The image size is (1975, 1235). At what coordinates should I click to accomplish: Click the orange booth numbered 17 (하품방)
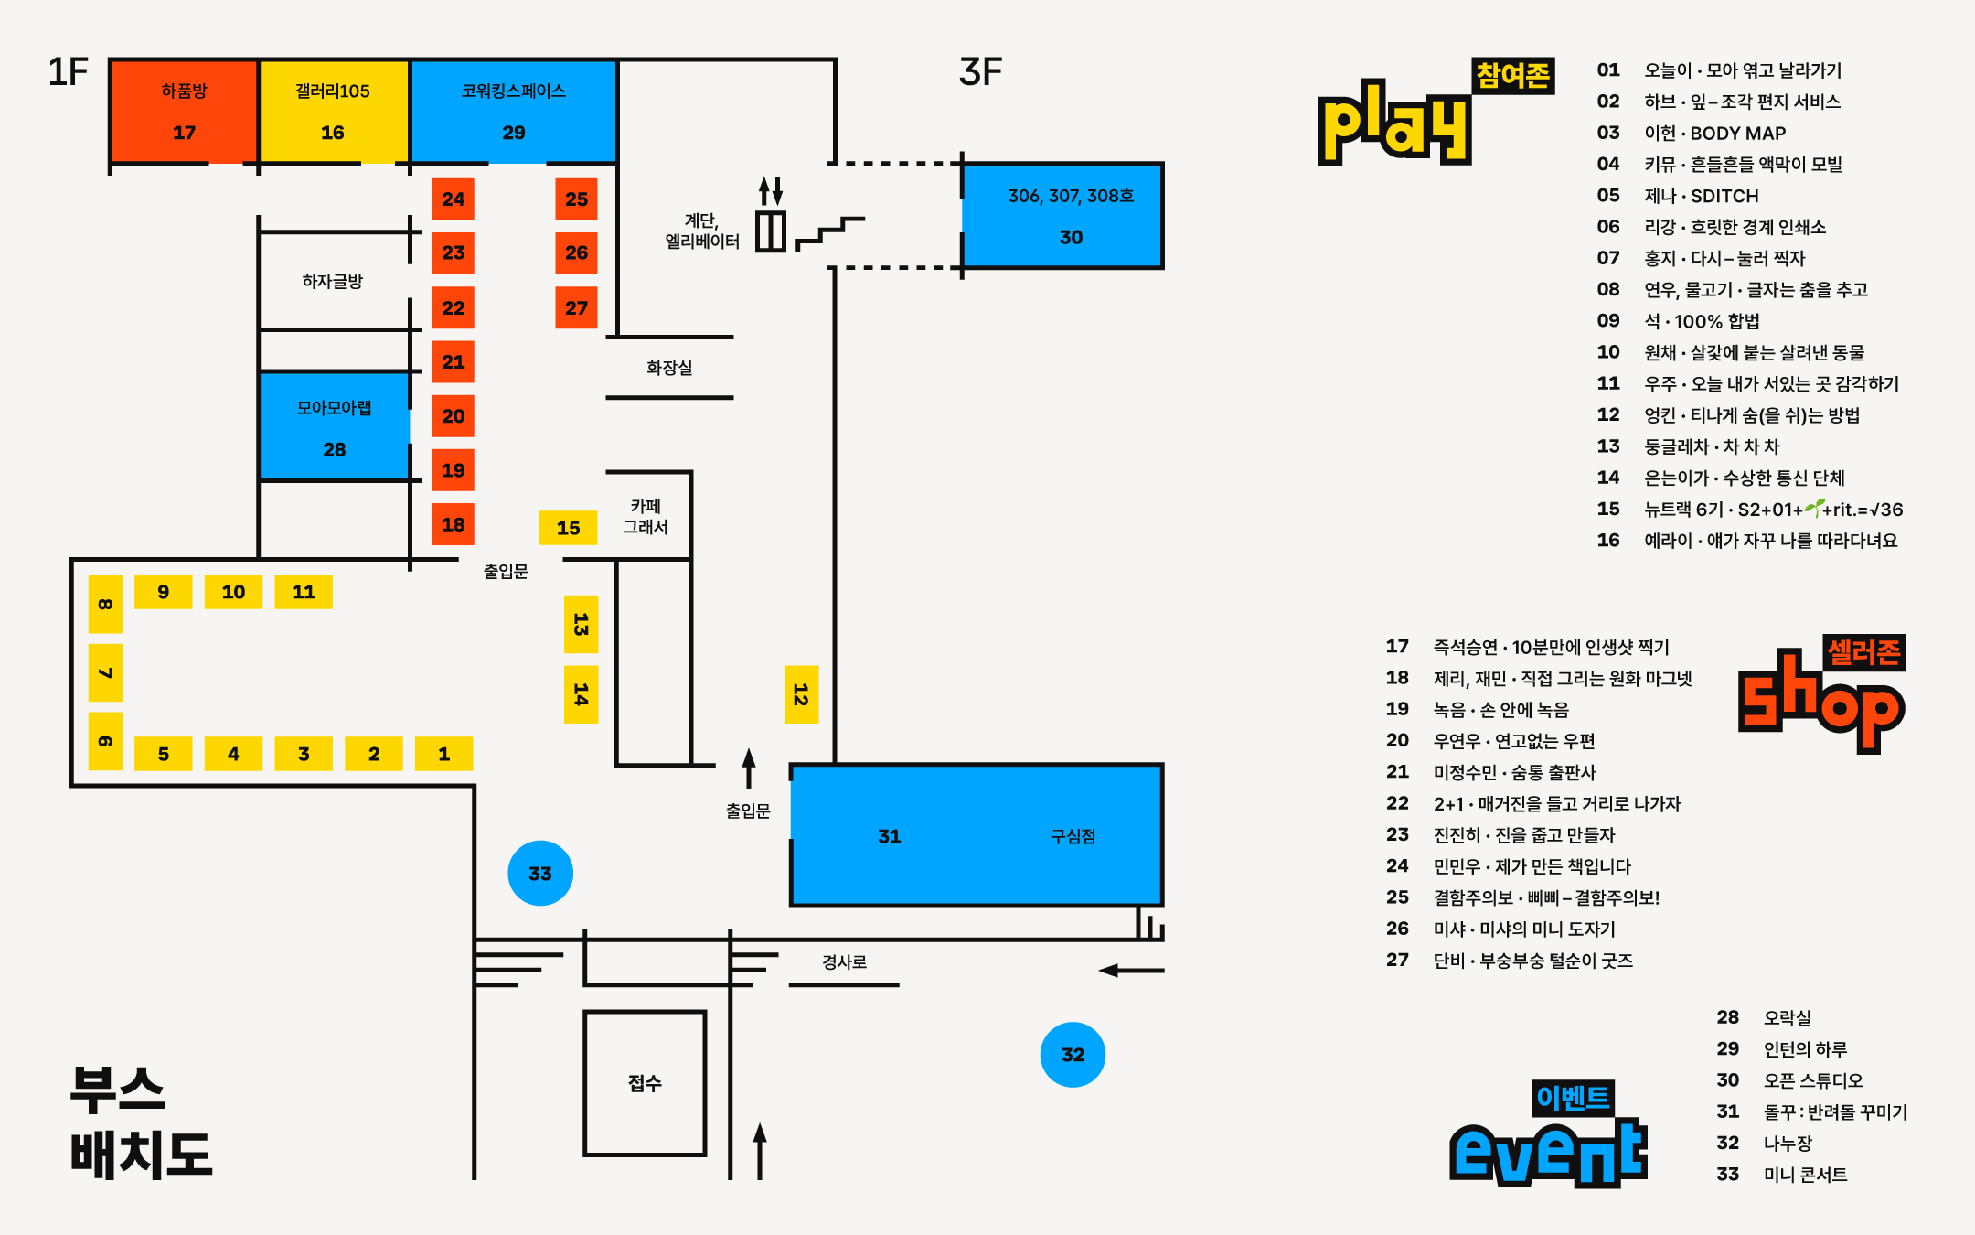tap(184, 112)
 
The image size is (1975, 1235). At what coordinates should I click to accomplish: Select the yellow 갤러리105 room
tap(333, 112)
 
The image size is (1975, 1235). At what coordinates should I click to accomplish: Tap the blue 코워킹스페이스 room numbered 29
tap(514, 112)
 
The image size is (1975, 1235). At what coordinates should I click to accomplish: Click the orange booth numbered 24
tap(453, 199)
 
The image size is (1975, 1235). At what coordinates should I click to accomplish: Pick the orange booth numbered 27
tap(576, 307)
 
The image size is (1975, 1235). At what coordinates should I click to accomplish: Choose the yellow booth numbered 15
tap(568, 528)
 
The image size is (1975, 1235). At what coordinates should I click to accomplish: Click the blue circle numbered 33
tap(540, 874)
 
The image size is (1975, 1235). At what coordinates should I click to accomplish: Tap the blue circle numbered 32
tap(1073, 1055)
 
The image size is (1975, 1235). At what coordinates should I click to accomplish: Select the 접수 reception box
tap(645, 1083)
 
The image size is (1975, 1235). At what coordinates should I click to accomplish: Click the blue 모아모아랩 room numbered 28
tap(334, 426)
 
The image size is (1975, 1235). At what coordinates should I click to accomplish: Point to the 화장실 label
tap(669, 368)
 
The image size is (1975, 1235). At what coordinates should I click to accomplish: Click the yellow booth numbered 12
tap(801, 694)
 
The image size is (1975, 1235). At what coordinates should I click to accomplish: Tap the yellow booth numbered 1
tap(443, 754)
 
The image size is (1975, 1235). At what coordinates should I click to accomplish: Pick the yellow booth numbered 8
tap(105, 604)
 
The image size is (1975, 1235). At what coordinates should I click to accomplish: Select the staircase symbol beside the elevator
tap(829, 232)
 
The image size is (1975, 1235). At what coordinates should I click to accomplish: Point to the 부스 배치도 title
tap(140, 1122)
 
